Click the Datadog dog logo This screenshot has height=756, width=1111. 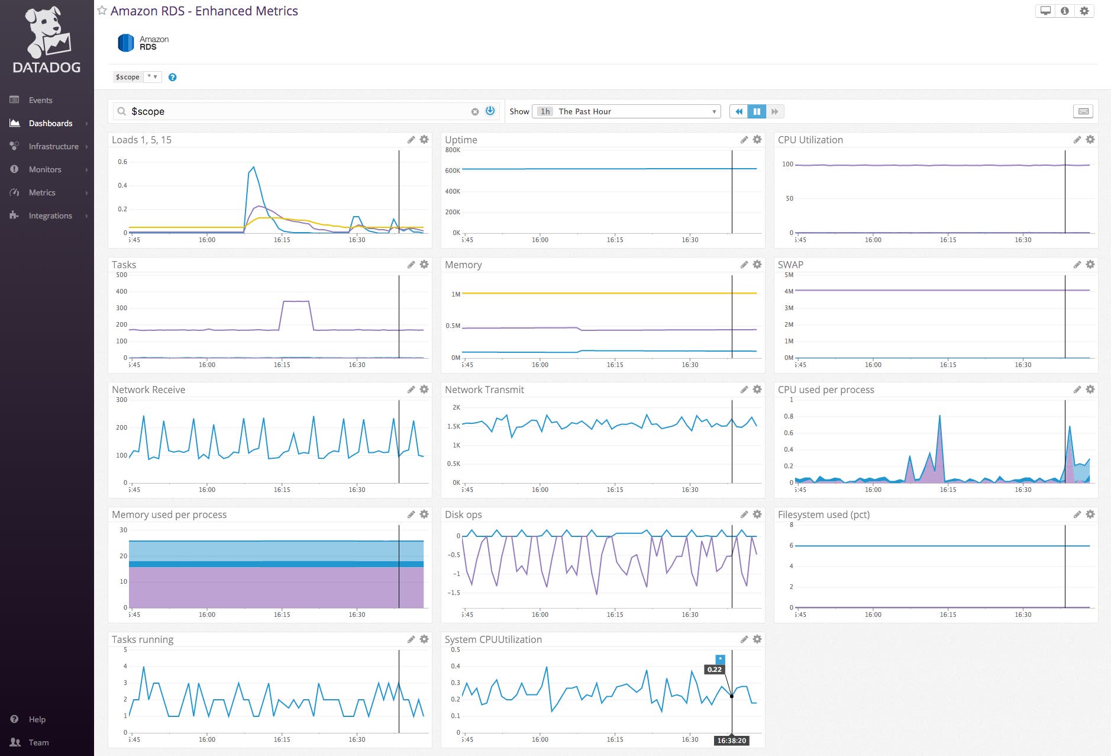click(46, 33)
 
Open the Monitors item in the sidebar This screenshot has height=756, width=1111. click(45, 169)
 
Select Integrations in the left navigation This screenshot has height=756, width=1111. click(50, 215)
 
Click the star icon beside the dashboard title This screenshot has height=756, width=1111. click(102, 11)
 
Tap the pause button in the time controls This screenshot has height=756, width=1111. click(757, 111)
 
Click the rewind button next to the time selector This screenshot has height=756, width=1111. click(738, 111)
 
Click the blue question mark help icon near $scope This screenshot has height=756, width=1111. click(172, 77)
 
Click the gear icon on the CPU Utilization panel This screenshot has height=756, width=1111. click(1090, 140)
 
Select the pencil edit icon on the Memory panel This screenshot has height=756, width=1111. click(744, 265)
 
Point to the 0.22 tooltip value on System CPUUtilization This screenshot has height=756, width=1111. click(714, 670)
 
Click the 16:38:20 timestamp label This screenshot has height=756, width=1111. click(731, 741)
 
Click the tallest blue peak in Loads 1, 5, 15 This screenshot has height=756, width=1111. click(254, 168)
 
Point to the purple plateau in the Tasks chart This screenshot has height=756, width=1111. click(296, 301)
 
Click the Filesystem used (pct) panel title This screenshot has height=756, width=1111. click(823, 514)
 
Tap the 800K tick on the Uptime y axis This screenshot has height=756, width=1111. click(453, 150)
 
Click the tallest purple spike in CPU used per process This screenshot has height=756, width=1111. click(939, 417)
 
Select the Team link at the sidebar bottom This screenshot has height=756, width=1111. click(38, 742)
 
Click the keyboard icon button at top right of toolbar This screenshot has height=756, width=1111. click(1083, 111)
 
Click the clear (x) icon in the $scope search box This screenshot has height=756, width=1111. click(474, 111)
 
